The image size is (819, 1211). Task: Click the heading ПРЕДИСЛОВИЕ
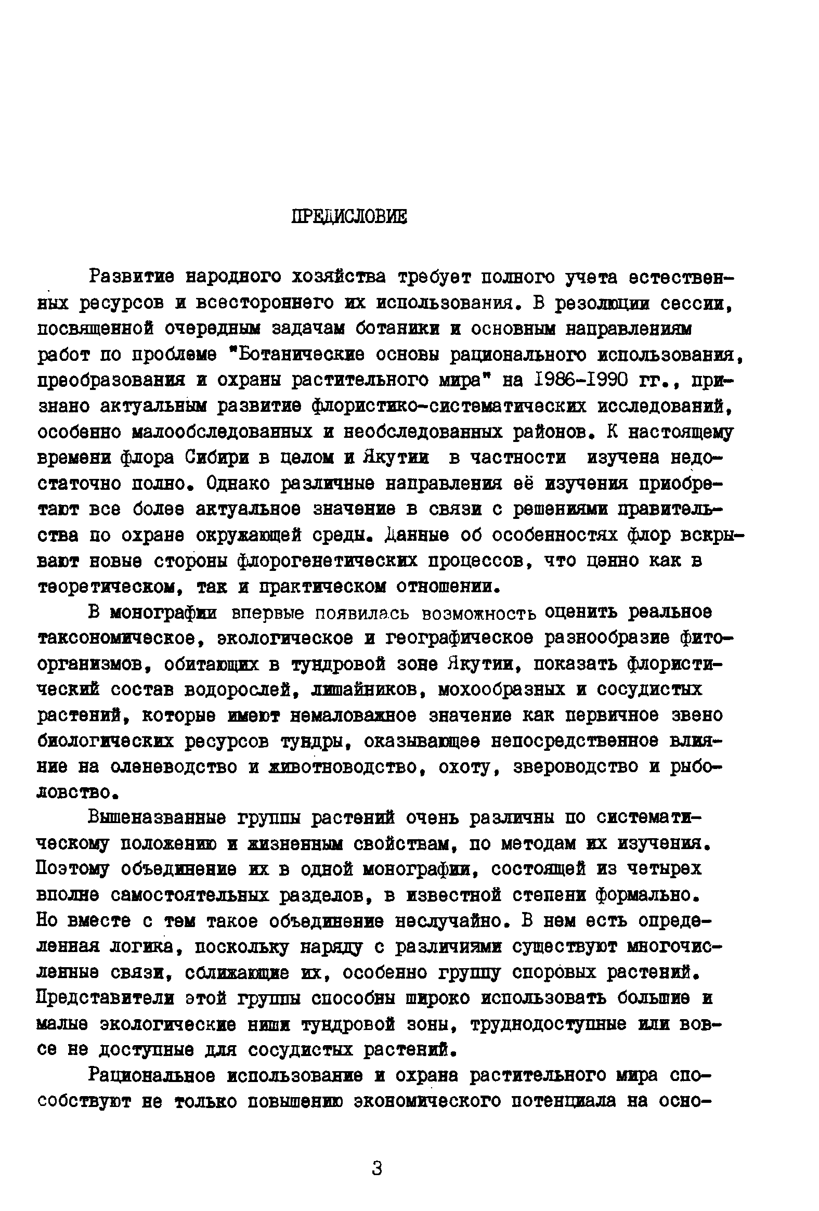(348, 216)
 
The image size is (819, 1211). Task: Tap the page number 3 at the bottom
(377, 1168)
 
